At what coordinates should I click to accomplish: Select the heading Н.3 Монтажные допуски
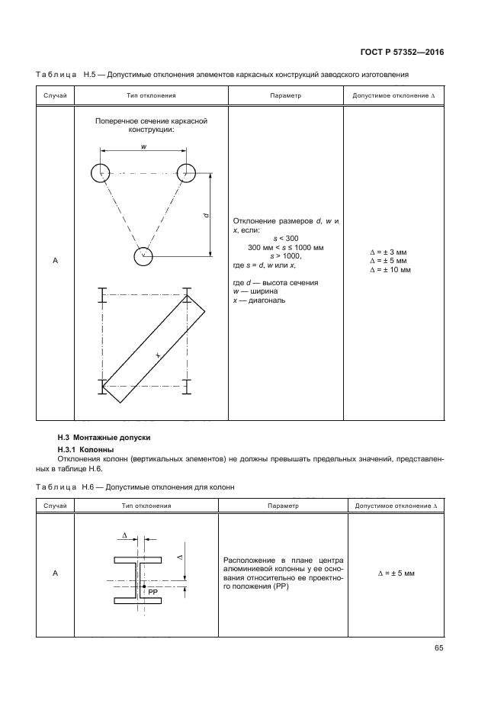tap(105, 438)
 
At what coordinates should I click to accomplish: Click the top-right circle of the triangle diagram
tap(187, 173)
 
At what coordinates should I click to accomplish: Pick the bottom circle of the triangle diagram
tap(143, 256)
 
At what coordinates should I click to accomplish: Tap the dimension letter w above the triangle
tap(143, 146)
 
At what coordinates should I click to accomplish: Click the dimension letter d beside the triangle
tap(207, 216)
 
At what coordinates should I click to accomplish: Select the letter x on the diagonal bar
tap(158, 355)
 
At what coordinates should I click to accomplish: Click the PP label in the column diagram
tap(153, 591)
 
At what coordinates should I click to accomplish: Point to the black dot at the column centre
tap(143, 586)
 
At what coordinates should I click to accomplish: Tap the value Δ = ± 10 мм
tap(390, 269)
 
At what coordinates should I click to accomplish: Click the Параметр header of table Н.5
tap(286, 96)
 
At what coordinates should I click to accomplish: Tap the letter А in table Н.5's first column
tap(55, 261)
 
